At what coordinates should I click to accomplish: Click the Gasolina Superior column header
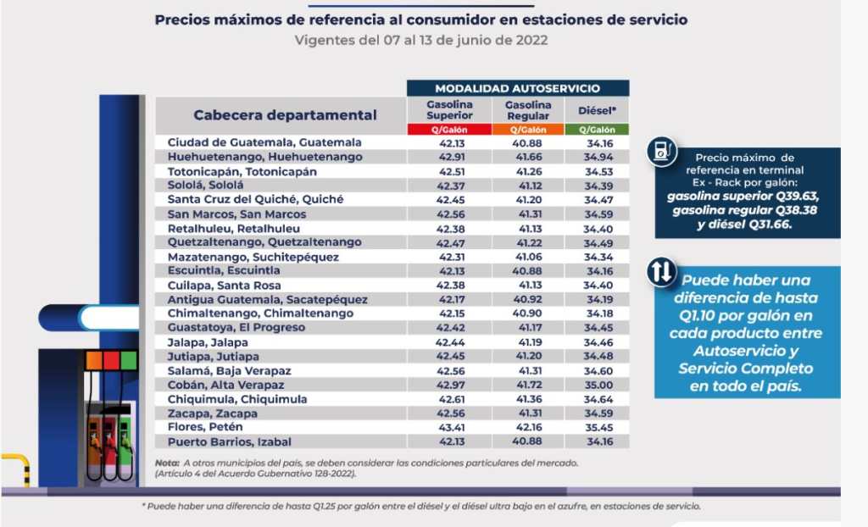coord(449,109)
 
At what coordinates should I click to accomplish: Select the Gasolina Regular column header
coord(528,109)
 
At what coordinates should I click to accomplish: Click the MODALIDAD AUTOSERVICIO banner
coord(517,88)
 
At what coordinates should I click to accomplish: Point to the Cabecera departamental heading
coord(285,114)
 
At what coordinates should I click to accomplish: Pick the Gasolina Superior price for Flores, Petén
coord(449,427)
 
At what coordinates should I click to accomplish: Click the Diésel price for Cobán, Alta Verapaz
coord(598,385)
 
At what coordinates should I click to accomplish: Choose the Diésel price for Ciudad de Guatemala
coord(598,142)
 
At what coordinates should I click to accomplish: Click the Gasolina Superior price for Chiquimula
coord(449,399)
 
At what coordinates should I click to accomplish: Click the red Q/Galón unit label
coord(449,130)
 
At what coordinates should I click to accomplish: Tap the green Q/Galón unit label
coord(598,130)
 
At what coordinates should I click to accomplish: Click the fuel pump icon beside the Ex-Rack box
coord(660,151)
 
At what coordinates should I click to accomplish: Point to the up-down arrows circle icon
coord(661,272)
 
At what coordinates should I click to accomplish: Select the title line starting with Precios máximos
coord(421,19)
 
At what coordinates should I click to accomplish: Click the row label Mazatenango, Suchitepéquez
coord(253,257)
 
